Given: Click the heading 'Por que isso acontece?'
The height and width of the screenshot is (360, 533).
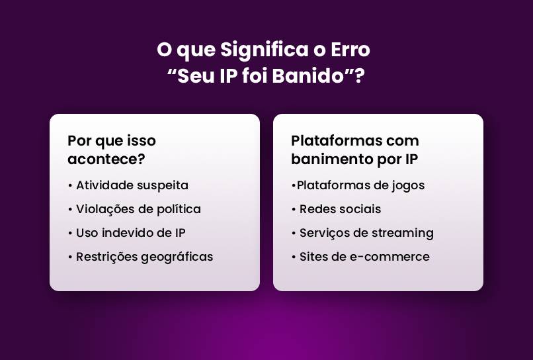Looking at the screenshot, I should [x=112, y=150].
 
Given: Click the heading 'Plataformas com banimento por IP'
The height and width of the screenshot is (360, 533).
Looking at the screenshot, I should [x=355, y=150].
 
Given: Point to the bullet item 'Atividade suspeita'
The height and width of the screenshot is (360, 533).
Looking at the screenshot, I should [x=132, y=185].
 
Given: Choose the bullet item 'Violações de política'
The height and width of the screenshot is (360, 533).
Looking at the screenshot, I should [x=138, y=209].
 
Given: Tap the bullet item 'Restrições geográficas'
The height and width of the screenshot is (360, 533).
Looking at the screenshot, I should [x=144, y=257].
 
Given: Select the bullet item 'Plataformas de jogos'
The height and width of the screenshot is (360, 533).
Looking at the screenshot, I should [x=360, y=185].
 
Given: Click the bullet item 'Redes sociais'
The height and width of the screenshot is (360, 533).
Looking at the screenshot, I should [x=340, y=209].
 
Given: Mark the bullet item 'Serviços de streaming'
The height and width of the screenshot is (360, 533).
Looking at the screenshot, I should [x=366, y=233].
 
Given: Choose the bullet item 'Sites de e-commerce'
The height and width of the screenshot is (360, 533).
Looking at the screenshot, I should [x=364, y=257].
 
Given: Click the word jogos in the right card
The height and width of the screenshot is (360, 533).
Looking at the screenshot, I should [x=408, y=186].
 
